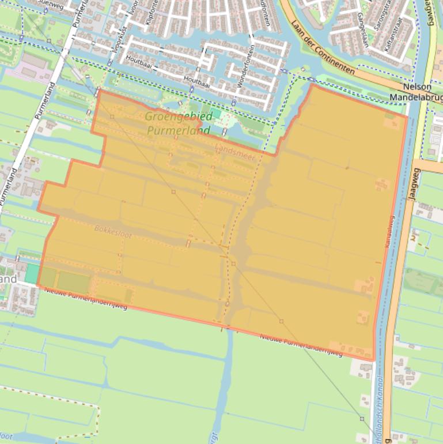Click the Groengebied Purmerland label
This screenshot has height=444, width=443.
178,123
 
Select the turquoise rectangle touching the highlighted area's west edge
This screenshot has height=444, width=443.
32,273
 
